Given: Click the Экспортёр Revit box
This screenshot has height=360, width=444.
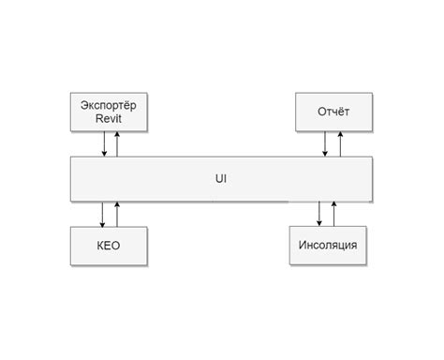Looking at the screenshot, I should click(x=109, y=112).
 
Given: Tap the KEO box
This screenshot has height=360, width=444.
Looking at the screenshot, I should click(x=109, y=246).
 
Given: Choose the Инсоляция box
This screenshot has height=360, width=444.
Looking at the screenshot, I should click(x=327, y=246).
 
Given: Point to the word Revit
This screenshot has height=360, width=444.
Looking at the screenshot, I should click(x=109, y=119).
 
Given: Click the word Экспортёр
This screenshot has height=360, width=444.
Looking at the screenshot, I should click(x=109, y=104).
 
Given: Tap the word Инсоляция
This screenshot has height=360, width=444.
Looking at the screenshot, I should click(x=327, y=246).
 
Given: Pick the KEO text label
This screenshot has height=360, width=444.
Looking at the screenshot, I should click(x=109, y=246).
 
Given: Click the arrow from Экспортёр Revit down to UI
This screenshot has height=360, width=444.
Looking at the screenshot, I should click(x=103, y=143).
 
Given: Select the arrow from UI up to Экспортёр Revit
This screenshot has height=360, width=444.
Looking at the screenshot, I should click(x=117, y=143).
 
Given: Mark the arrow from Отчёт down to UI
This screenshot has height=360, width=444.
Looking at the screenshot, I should click(x=325, y=143).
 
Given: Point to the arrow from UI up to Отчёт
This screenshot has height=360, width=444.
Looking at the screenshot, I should click(x=339, y=143).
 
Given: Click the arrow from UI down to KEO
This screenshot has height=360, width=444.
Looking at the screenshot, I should click(x=103, y=214).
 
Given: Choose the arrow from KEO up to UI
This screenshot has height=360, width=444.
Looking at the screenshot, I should click(x=117, y=214).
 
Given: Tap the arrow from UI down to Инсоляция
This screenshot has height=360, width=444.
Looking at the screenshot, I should click(x=319, y=214).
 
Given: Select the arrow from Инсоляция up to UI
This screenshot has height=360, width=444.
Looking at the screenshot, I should click(x=333, y=214).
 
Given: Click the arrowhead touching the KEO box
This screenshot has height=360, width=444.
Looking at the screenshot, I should click(x=103, y=223).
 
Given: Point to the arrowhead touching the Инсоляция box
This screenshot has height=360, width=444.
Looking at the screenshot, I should click(x=319, y=223).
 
